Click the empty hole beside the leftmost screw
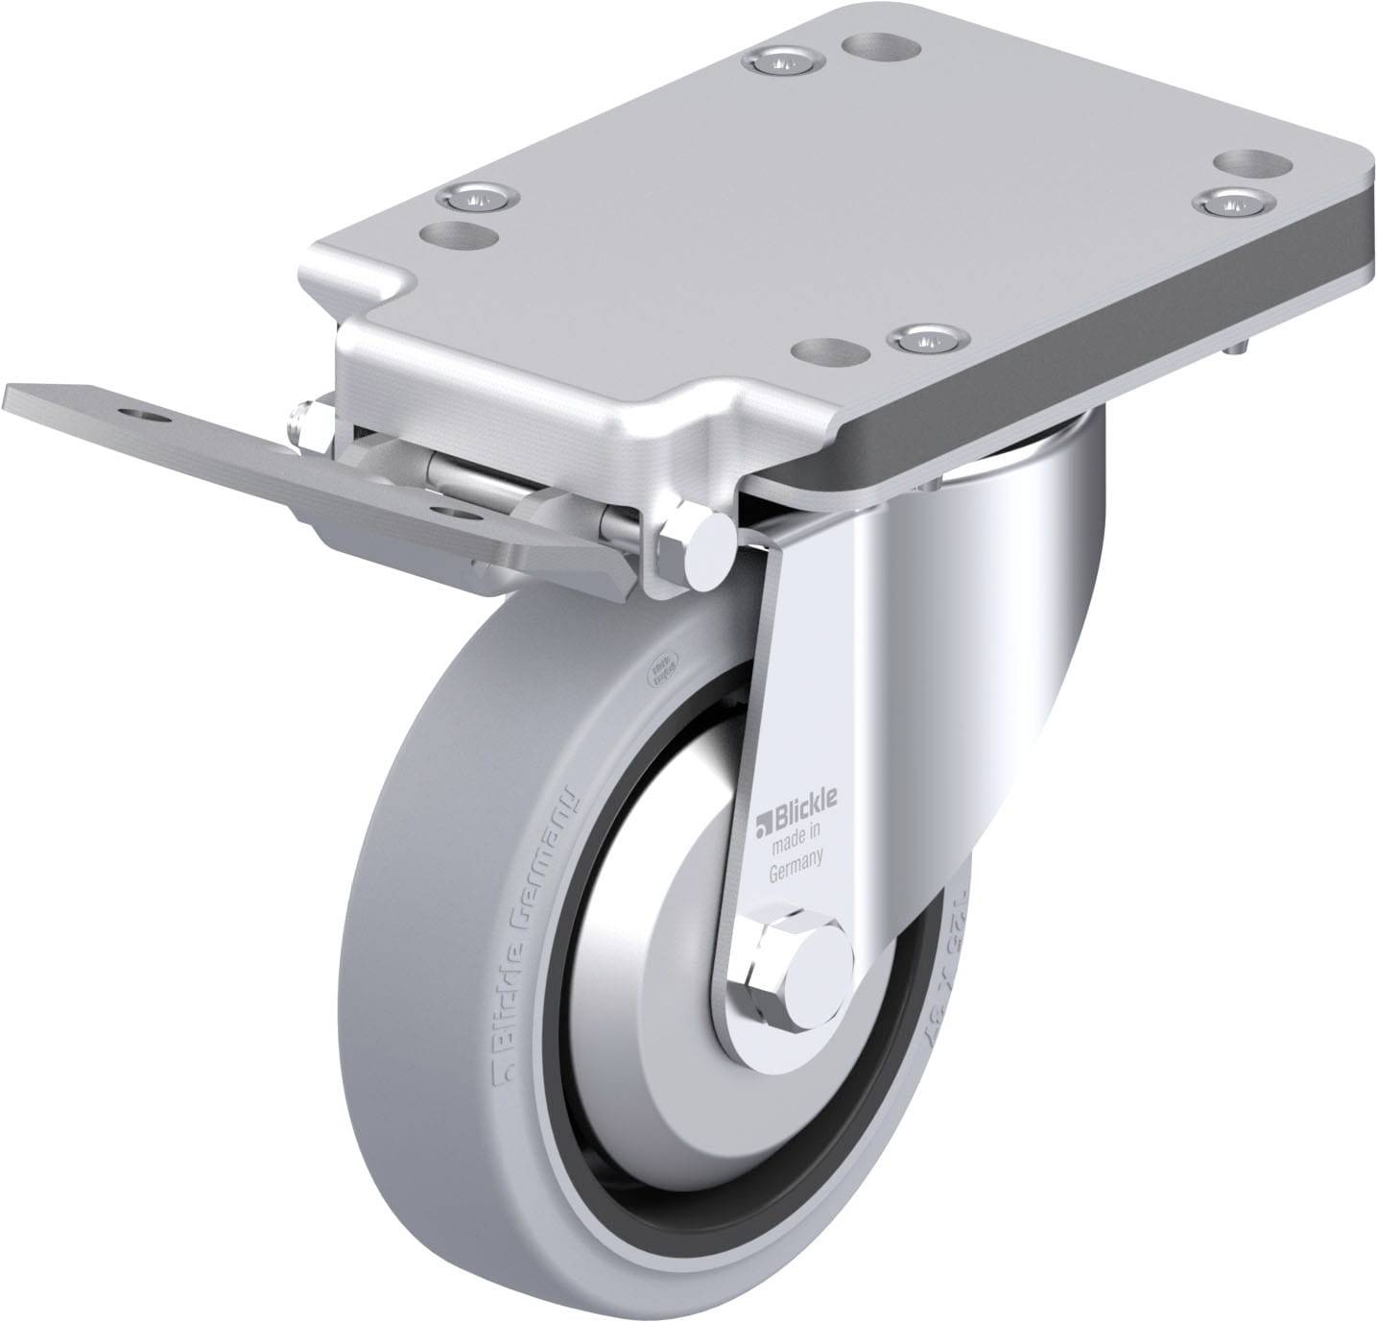tap(449, 232)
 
